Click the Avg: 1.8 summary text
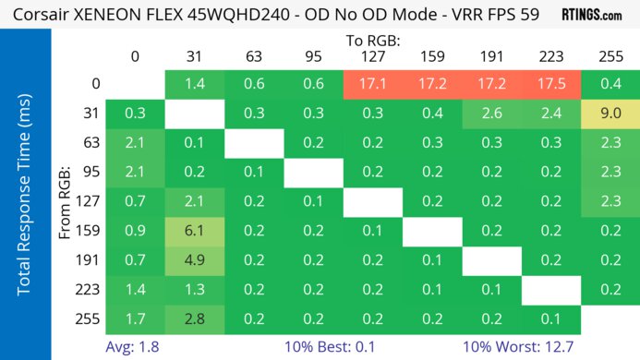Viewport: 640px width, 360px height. coord(135,348)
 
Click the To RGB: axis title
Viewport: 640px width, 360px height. coord(372,41)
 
